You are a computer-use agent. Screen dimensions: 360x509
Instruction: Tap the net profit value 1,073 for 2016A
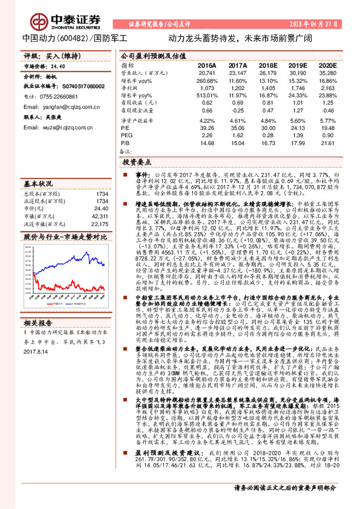coord(206,88)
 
